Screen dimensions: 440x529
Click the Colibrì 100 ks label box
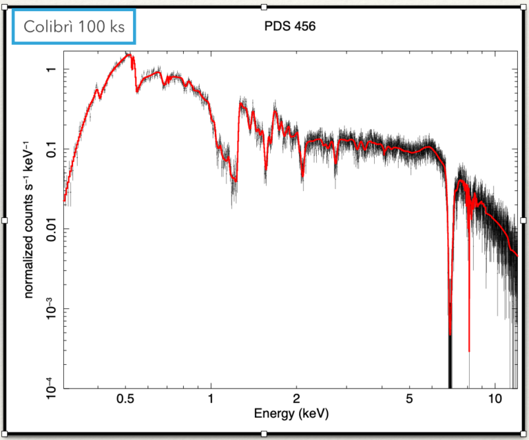point(74,28)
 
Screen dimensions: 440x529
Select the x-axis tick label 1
point(211,399)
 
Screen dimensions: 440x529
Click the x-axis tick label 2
point(296,399)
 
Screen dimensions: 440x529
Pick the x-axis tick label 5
point(409,399)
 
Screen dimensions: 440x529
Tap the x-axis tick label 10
point(494,399)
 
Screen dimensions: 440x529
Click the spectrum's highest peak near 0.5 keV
point(128,56)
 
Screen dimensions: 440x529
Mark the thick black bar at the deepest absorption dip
point(450,362)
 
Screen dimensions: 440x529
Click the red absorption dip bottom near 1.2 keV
point(235,180)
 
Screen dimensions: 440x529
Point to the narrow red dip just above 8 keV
point(469,345)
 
